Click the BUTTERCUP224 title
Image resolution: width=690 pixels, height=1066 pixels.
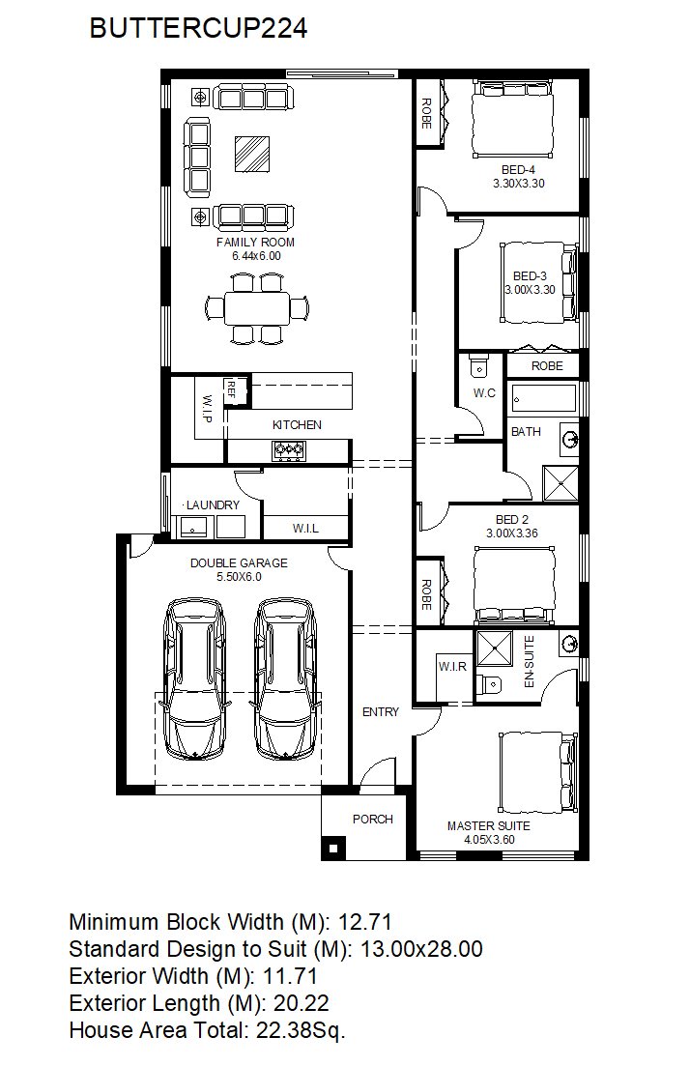click(x=198, y=28)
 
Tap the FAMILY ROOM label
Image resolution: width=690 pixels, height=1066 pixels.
click(x=255, y=242)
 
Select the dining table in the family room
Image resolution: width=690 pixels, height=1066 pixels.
click(x=258, y=308)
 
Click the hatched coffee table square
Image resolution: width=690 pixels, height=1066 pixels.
click(x=252, y=154)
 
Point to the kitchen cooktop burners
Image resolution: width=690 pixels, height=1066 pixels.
click(x=289, y=449)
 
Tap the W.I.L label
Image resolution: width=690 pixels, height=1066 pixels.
click(x=305, y=529)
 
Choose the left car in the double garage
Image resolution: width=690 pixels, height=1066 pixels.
click(x=194, y=678)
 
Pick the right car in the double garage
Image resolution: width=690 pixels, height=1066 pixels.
click(x=286, y=678)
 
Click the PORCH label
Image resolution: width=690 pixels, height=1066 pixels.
click(x=372, y=820)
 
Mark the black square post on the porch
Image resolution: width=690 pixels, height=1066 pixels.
click(x=333, y=848)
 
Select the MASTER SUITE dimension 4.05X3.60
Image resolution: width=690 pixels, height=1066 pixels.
click(x=489, y=840)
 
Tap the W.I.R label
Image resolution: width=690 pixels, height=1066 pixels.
click(x=452, y=666)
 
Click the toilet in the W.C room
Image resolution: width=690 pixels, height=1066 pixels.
click(x=479, y=365)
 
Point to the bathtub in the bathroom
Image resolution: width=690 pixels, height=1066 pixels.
click(x=544, y=397)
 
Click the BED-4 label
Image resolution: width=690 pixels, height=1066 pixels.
click(x=519, y=170)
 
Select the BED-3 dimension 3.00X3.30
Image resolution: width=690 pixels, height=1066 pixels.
click(x=531, y=290)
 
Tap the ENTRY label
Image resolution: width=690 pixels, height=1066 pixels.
click(x=381, y=712)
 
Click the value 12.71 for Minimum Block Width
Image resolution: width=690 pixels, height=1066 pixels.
click(x=365, y=922)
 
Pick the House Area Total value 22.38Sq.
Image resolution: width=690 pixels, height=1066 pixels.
click(x=301, y=1030)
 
